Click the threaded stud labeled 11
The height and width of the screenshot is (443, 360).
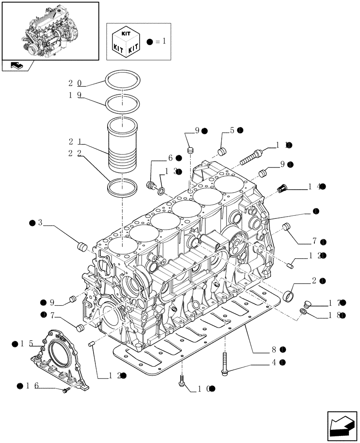pos(251,156)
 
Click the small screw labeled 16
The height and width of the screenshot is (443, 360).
pos(66,390)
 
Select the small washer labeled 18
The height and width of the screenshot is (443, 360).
pos(304,312)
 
